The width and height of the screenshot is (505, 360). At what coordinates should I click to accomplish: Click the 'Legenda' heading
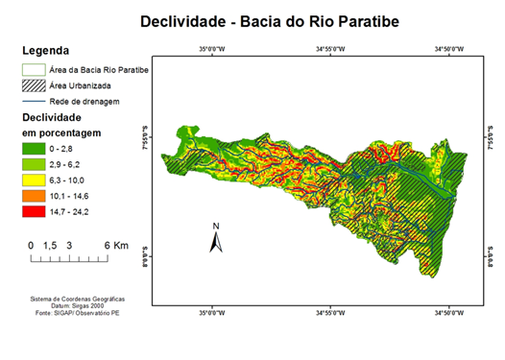click(45, 50)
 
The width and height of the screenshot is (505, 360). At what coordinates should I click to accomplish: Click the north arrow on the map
click(216, 238)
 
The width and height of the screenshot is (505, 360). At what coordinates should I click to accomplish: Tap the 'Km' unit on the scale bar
click(120, 246)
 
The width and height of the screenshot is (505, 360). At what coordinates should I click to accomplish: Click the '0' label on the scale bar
click(31, 246)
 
